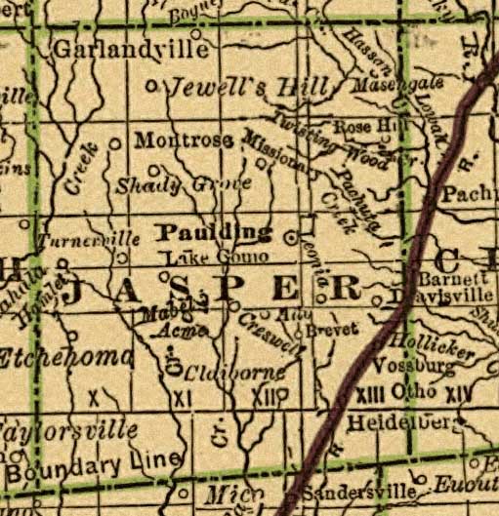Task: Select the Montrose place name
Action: pos(184,140)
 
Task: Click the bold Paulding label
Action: pos(214,232)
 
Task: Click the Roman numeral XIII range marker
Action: pos(369,393)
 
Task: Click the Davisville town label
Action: pos(425,294)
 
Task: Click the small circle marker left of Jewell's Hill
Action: pos(150,86)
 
